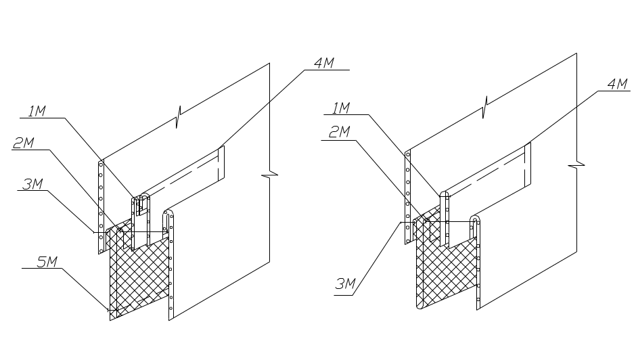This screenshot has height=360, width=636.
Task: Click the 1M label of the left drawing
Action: click(x=37, y=110)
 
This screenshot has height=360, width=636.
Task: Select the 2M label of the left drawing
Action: click(x=24, y=143)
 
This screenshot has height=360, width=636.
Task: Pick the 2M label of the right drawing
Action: click(x=338, y=133)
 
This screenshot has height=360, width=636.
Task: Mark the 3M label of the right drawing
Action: click(x=345, y=285)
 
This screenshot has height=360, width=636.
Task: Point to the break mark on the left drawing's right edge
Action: click(x=269, y=176)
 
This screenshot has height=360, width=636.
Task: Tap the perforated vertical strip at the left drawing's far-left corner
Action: click(x=100, y=203)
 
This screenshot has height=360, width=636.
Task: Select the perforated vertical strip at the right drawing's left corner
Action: click(x=407, y=196)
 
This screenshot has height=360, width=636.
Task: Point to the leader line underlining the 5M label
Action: click(x=44, y=268)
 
